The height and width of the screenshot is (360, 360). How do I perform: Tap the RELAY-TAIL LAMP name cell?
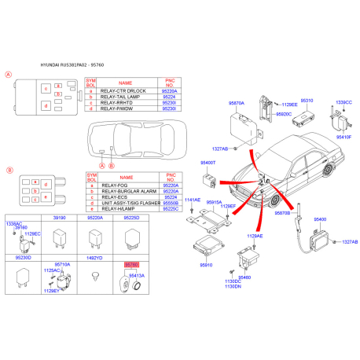pos(125,99)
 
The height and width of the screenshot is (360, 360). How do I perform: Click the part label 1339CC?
pos(343,102)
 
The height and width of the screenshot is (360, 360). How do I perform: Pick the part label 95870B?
pos(283,213)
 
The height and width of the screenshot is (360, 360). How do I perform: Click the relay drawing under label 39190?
pos(58,237)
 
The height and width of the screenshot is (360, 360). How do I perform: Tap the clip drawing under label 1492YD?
pos(94,276)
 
